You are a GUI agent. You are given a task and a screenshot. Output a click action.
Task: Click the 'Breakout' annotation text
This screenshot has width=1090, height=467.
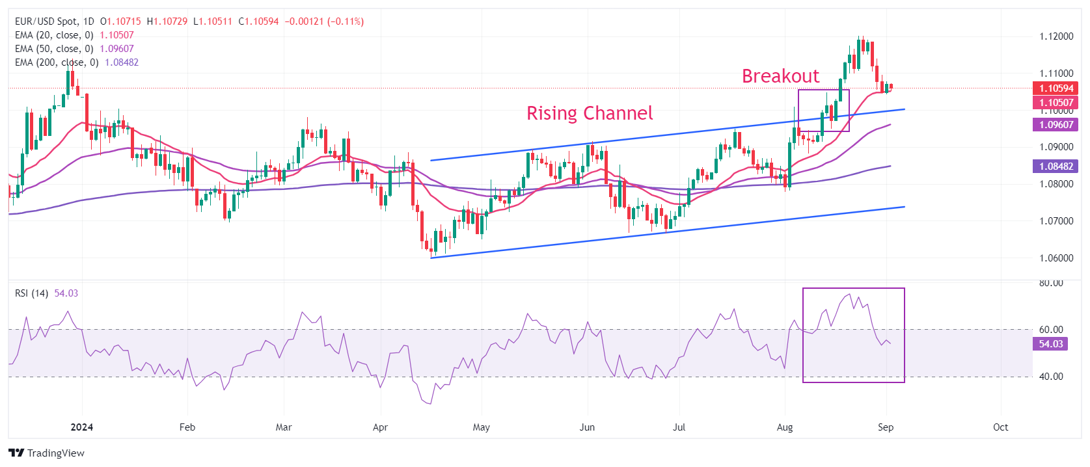pyautogui.click(x=780, y=76)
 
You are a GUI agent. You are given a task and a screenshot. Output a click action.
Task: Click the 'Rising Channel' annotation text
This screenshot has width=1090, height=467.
pyautogui.click(x=589, y=113)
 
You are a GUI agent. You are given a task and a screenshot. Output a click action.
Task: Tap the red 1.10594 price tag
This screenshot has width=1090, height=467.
pyautogui.click(x=1056, y=88)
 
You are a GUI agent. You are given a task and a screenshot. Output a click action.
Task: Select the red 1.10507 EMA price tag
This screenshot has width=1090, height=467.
pyautogui.click(x=1056, y=103)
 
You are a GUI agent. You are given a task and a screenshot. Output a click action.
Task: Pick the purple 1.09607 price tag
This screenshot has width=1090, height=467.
pyautogui.click(x=1056, y=125)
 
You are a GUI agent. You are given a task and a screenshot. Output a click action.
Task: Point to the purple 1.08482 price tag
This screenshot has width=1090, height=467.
pyautogui.click(x=1056, y=167)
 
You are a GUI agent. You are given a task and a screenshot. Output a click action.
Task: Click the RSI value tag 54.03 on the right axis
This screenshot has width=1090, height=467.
pyautogui.click(x=1050, y=344)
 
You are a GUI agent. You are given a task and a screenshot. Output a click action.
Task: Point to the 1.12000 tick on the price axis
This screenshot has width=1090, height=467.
pyautogui.click(x=1056, y=36)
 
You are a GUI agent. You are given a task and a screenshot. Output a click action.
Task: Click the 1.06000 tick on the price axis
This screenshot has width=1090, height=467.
pyautogui.click(x=1056, y=258)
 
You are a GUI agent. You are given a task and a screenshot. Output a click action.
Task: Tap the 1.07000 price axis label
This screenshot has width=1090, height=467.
pyautogui.click(x=1056, y=221)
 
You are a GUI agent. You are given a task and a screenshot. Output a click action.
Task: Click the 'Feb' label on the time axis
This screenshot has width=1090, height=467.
pyautogui.click(x=187, y=427)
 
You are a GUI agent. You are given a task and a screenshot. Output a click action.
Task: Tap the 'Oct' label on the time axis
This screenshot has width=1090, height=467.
pyautogui.click(x=1000, y=427)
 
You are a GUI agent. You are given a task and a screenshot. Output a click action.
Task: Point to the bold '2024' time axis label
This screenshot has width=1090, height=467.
pyautogui.click(x=81, y=427)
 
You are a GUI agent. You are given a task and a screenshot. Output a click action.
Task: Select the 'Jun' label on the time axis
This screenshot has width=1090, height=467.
pyautogui.click(x=587, y=427)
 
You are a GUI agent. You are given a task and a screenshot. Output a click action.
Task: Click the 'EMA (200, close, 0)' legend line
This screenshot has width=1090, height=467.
pyautogui.click(x=57, y=62)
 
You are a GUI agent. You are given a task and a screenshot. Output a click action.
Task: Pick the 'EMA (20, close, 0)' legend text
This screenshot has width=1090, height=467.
pyautogui.click(x=54, y=35)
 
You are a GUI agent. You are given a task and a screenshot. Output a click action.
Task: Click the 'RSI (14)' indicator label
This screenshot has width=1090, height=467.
pyautogui.click(x=31, y=293)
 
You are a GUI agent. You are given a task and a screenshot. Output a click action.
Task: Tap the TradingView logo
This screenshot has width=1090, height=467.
pyautogui.click(x=47, y=453)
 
